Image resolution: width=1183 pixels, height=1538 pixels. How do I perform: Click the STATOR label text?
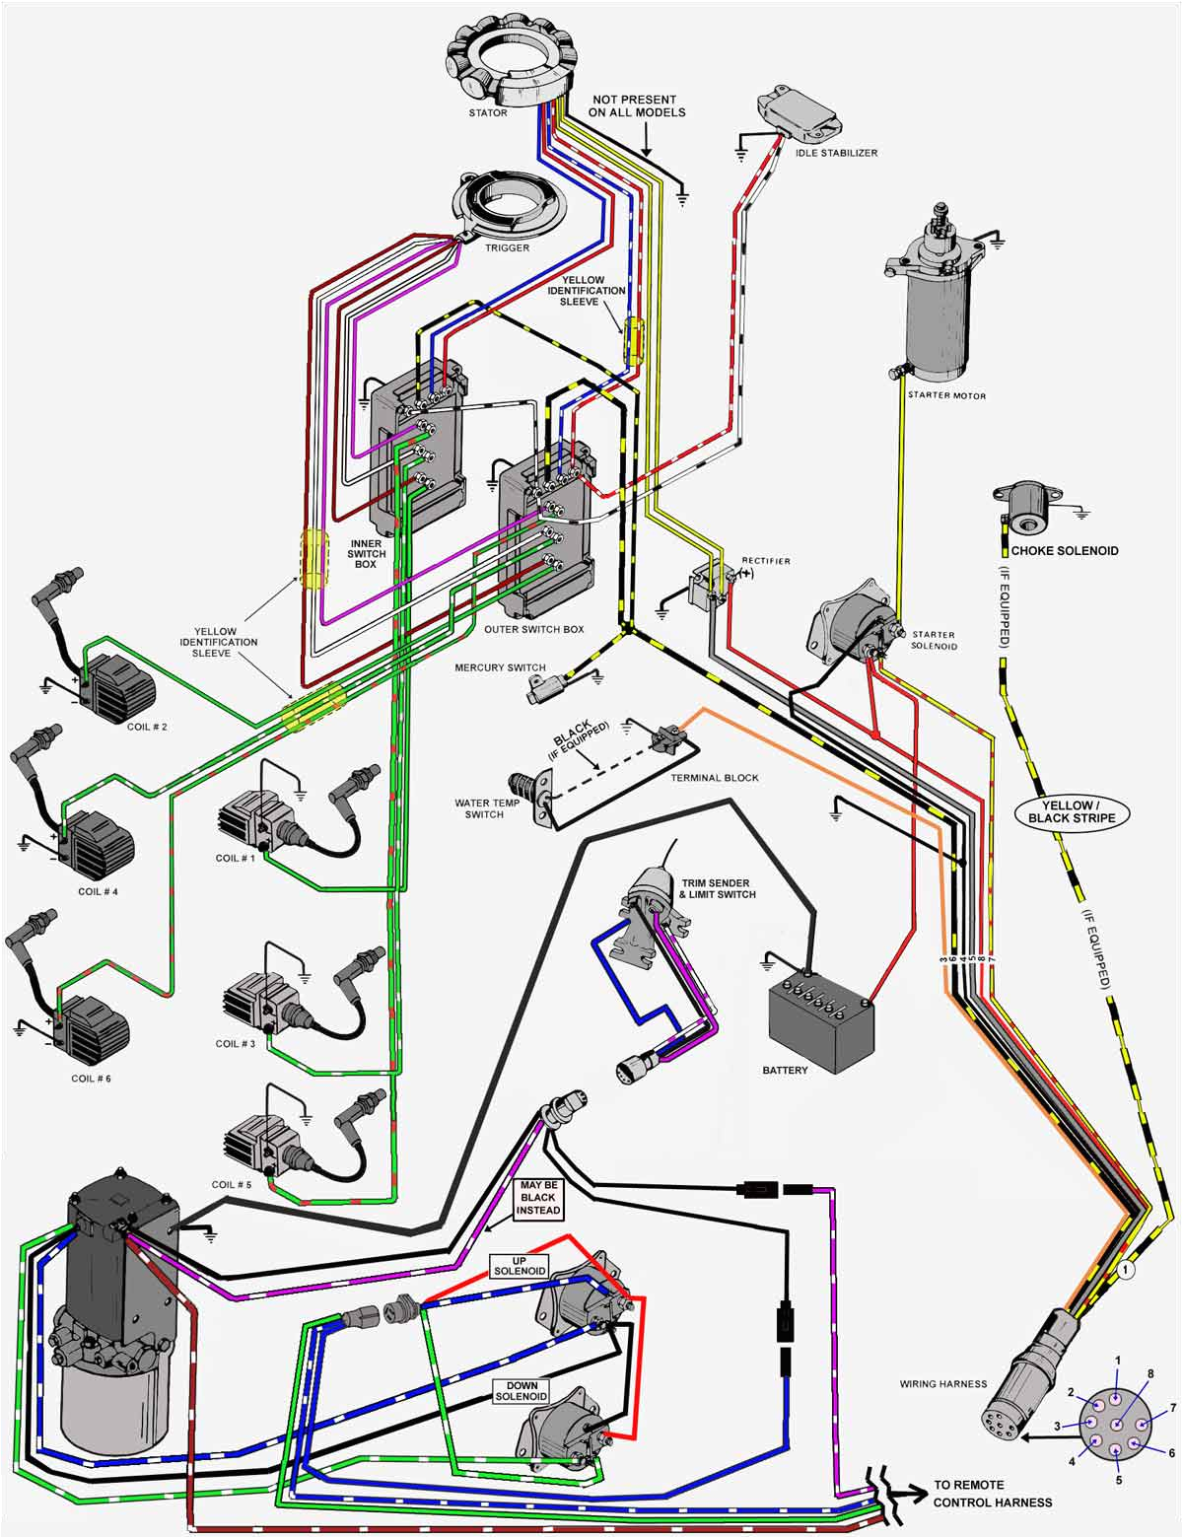488,113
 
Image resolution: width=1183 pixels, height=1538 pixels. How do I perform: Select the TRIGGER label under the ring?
507,247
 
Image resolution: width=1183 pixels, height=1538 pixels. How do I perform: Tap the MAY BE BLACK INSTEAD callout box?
538,1198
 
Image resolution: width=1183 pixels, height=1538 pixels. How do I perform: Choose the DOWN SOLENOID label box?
522,1391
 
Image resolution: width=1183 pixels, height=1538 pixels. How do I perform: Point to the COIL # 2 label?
147,727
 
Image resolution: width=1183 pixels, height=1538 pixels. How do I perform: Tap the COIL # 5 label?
232,1185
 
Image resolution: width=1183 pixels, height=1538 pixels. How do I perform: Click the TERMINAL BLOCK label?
714,778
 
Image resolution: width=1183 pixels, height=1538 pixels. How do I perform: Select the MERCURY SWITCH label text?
500,668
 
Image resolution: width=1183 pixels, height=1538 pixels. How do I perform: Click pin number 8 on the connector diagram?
1148,1373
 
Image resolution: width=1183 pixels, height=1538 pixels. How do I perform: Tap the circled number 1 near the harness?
1127,1271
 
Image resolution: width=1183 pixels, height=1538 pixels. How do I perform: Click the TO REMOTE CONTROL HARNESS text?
992,1494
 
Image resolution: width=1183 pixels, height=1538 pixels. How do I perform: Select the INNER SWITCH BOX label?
366,553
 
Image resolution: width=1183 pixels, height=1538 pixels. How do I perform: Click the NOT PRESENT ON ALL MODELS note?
636,105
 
